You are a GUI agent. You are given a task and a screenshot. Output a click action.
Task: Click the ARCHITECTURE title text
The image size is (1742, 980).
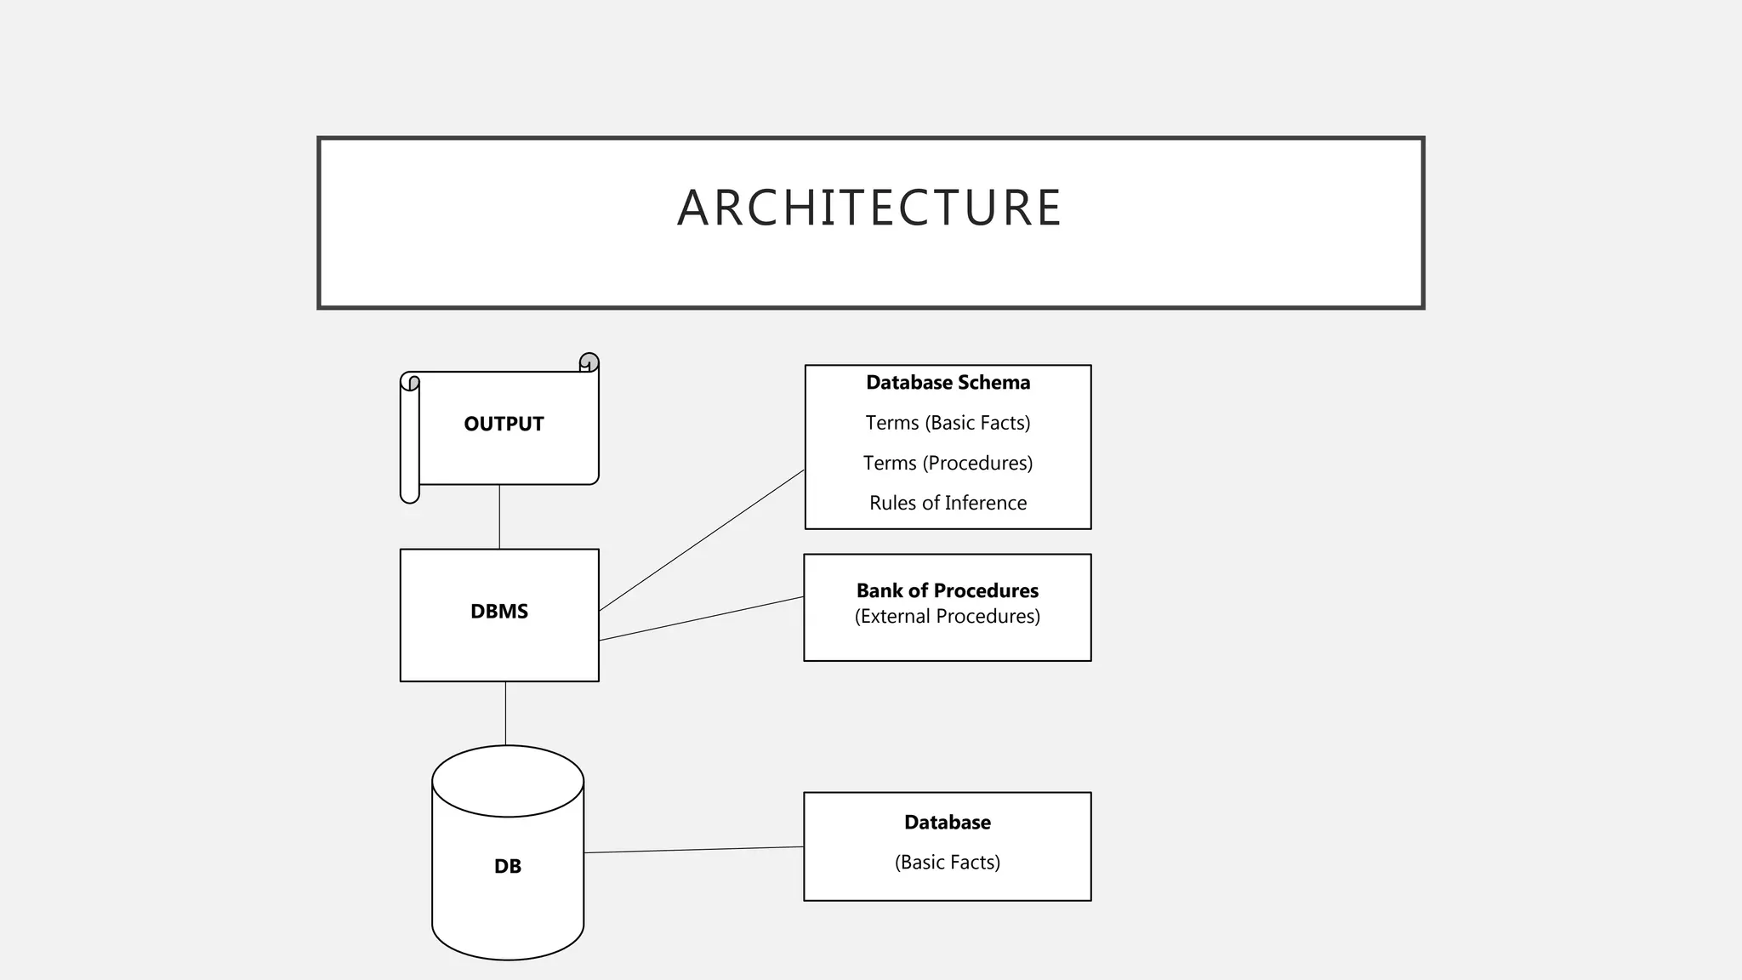(x=869, y=208)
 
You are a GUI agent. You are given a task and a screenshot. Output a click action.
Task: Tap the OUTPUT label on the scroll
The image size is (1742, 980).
(x=504, y=424)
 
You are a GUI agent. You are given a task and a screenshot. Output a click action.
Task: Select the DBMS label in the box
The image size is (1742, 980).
(x=499, y=612)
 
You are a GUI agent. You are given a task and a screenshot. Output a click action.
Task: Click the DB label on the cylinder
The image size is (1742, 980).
(x=508, y=866)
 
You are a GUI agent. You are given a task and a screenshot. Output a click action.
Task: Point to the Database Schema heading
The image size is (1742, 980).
(x=948, y=383)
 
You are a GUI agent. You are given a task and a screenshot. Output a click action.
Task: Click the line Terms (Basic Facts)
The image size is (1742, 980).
(x=948, y=423)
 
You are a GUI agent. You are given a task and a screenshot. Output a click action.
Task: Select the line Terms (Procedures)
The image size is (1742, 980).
(x=948, y=463)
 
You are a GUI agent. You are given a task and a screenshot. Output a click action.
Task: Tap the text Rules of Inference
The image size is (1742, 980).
(x=948, y=503)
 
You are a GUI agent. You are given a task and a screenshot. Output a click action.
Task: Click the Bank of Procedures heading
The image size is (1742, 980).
(x=947, y=590)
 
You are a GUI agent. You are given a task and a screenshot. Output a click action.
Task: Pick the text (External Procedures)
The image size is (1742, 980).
(x=947, y=616)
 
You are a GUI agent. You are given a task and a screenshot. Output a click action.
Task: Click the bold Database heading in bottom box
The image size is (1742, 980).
(x=947, y=823)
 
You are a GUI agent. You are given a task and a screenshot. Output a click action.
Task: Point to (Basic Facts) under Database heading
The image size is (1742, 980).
(x=947, y=862)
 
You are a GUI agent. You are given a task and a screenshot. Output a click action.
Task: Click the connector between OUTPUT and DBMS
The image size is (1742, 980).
(x=499, y=517)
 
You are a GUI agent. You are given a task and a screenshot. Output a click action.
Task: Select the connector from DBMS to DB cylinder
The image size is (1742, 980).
(x=505, y=713)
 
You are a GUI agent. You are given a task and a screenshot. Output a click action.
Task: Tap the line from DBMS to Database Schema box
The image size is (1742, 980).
(x=702, y=540)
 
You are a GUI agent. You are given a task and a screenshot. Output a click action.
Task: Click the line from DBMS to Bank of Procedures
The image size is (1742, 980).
(x=702, y=618)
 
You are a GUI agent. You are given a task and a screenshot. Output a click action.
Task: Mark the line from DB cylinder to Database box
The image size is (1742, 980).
(x=693, y=850)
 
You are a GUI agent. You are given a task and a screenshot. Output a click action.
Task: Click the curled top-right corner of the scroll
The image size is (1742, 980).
(x=589, y=362)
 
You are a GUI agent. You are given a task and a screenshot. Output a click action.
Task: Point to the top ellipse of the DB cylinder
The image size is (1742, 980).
(x=508, y=780)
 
